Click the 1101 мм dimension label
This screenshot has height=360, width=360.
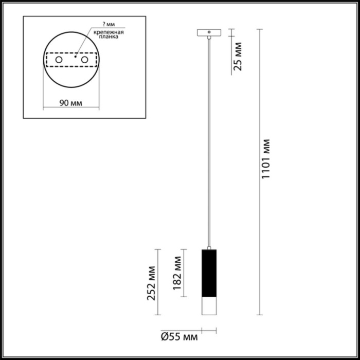pos(266,159)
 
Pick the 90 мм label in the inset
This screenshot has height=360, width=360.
pos(70,103)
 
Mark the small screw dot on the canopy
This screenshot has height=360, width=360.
pos(209,32)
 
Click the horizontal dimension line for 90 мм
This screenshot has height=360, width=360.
pos(70,109)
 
